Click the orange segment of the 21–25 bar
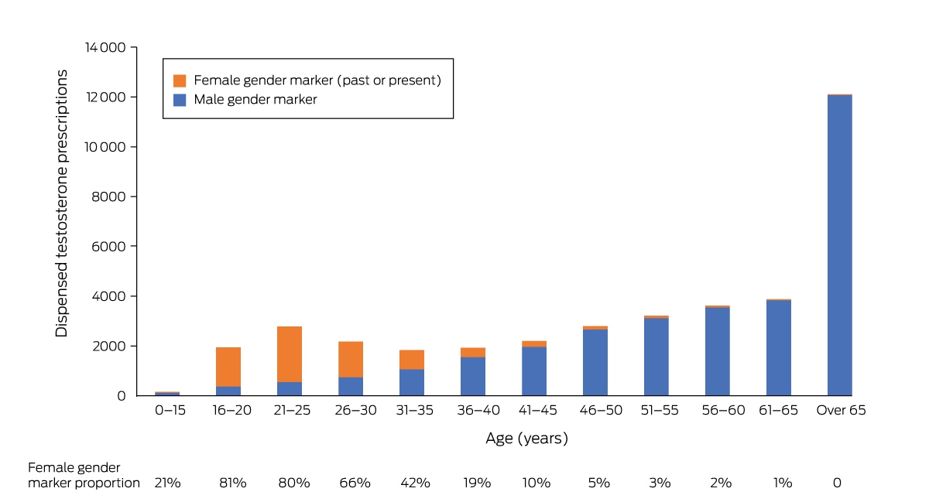(290, 354)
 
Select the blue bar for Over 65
(840, 245)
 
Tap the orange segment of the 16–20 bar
(228, 367)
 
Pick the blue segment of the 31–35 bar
(412, 382)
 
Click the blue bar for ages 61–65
(779, 348)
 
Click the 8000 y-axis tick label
(108, 196)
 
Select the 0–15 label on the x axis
(170, 410)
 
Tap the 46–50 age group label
(601, 410)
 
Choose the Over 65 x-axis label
(841, 410)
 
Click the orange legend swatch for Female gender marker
(180, 80)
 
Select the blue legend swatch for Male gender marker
(180, 100)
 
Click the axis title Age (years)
(526, 438)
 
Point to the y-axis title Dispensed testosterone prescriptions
(61, 203)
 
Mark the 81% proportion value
(233, 483)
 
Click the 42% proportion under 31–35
(415, 483)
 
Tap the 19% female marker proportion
(477, 483)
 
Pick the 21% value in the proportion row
(167, 483)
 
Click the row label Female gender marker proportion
(84, 475)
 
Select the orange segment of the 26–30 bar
(351, 359)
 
